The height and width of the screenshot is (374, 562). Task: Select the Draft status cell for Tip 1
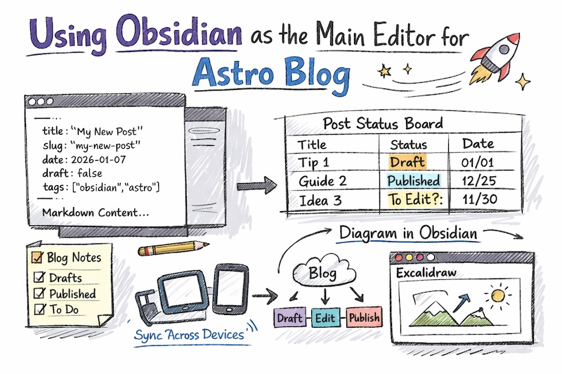(x=407, y=162)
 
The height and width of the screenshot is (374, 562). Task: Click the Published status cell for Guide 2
(x=414, y=180)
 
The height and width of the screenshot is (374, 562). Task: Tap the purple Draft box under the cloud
(x=289, y=318)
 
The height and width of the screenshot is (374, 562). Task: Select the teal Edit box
(x=325, y=318)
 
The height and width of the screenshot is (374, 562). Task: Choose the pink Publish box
(x=364, y=317)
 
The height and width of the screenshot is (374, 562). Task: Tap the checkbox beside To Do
(x=39, y=309)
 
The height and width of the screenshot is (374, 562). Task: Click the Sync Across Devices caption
(x=189, y=334)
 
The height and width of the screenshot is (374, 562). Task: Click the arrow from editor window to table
(x=254, y=187)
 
